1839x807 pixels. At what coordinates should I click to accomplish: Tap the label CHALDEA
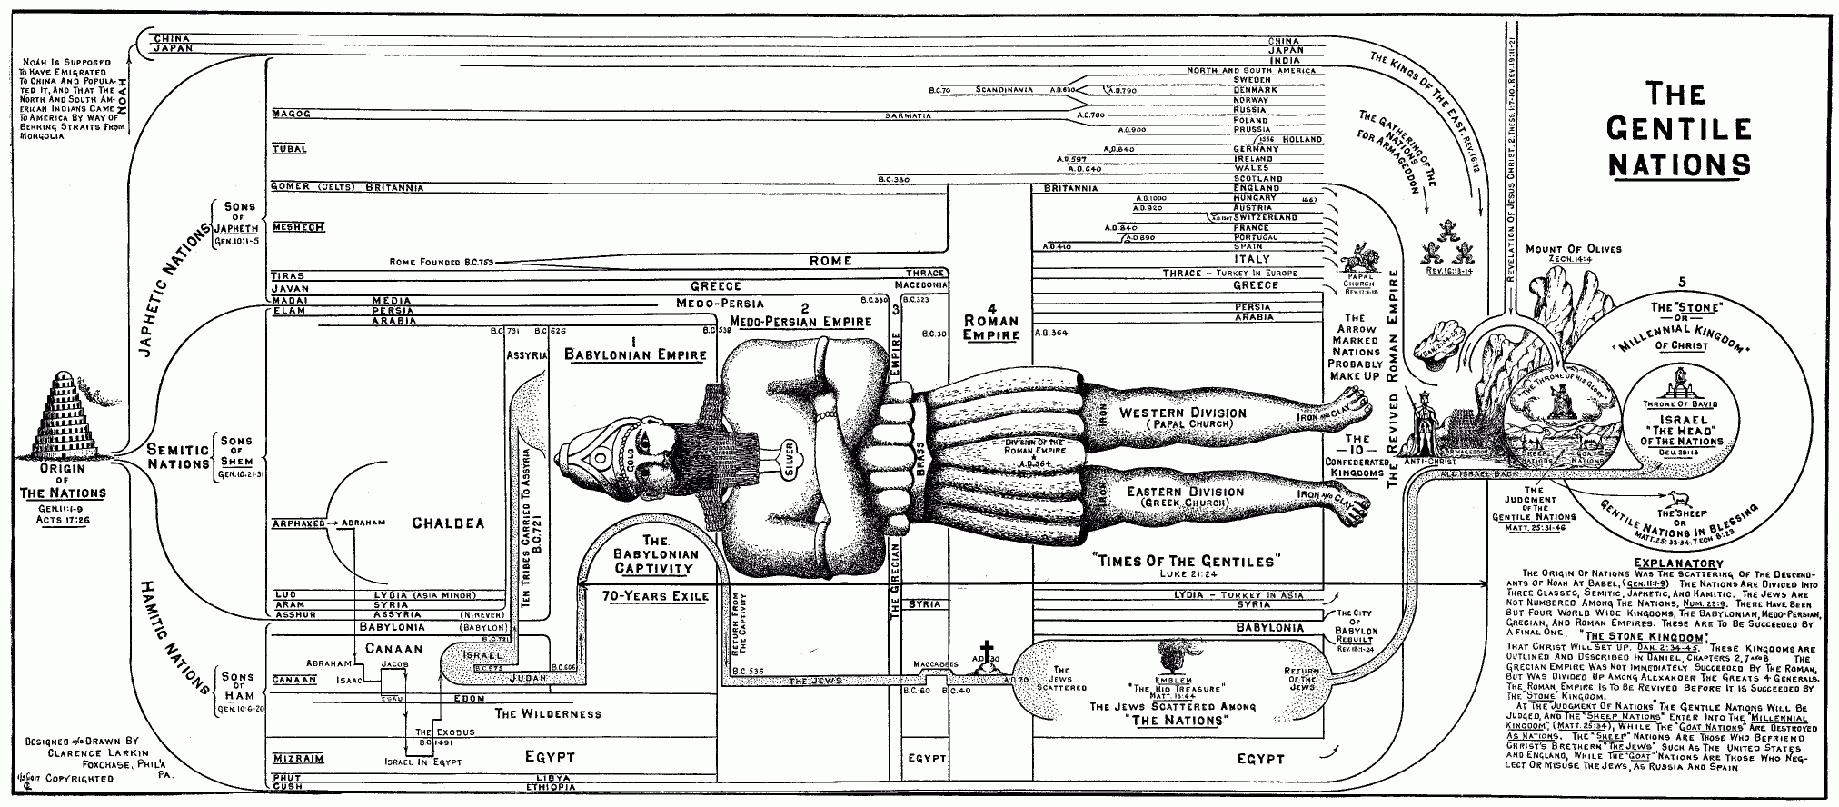click(x=448, y=523)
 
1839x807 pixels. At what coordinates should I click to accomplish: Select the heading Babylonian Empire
click(x=635, y=354)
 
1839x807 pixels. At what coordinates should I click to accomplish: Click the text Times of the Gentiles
click(x=1186, y=561)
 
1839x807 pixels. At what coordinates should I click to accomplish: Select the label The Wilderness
click(x=548, y=713)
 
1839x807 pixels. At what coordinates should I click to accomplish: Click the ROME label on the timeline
click(x=830, y=261)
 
